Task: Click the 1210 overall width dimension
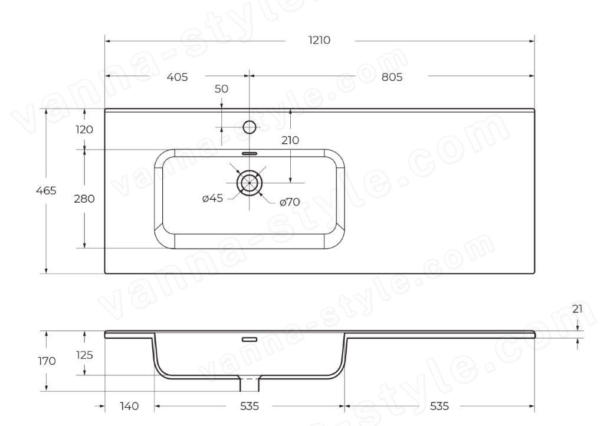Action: [319, 40]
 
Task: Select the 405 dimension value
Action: [177, 77]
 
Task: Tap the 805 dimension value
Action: [392, 77]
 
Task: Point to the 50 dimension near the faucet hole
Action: [221, 89]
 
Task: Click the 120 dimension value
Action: [84, 129]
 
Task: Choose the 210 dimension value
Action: [290, 140]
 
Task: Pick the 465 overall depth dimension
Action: [46, 190]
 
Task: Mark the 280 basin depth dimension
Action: [84, 199]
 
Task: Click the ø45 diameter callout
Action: [212, 198]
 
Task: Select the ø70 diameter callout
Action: [290, 202]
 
